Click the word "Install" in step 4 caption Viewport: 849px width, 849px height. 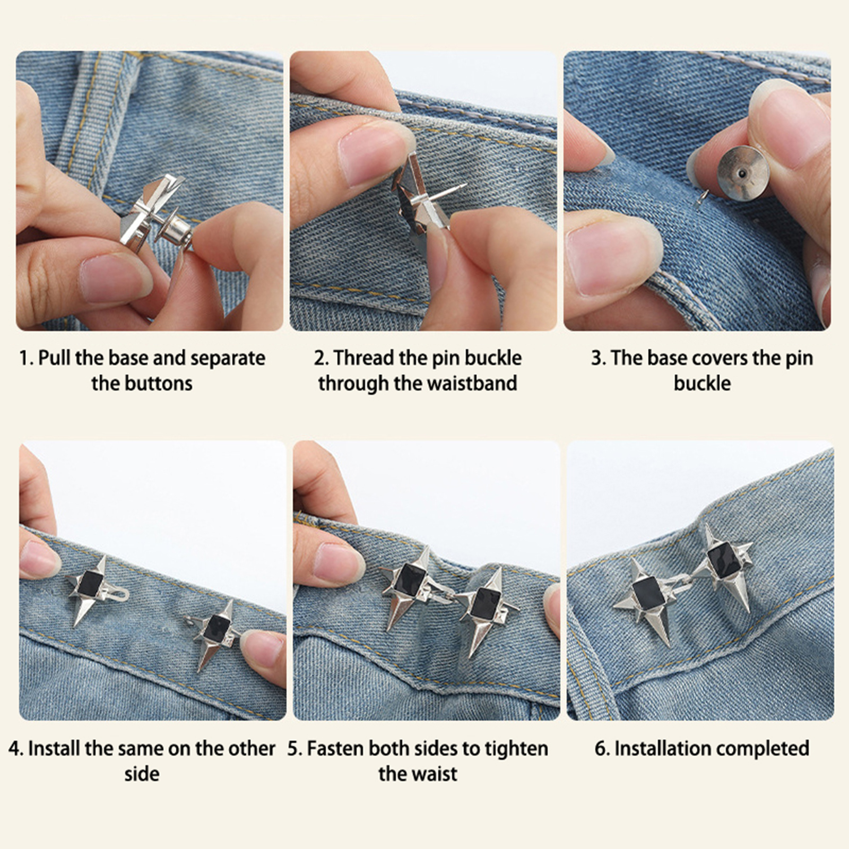[55, 749]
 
